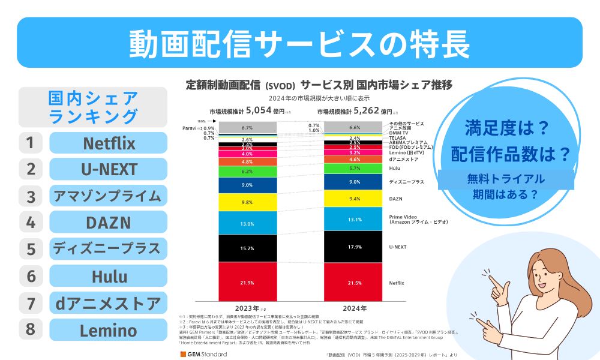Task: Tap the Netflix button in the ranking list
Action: (108, 143)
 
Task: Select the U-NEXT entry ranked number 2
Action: (108, 169)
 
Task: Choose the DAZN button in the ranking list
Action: (108, 222)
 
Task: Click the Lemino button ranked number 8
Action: (108, 329)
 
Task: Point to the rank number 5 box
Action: (31, 248)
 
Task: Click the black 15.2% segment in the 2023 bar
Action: (247, 248)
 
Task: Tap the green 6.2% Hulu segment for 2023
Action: (247, 171)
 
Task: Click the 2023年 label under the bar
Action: (247, 308)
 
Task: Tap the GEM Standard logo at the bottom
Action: (203, 354)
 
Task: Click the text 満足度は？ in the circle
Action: (508, 128)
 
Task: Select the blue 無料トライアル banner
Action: (508, 186)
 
